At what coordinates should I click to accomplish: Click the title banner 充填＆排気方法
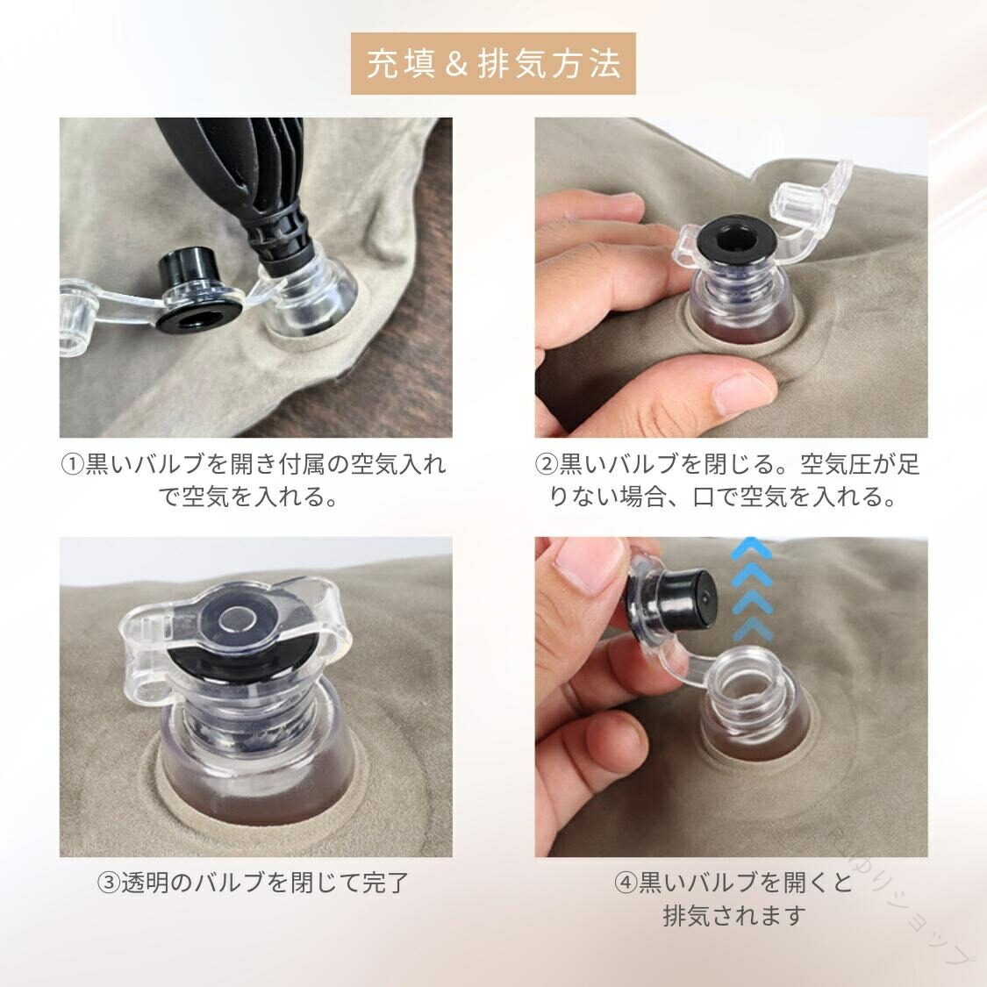click(x=493, y=63)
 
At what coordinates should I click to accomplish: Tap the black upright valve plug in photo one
click(x=187, y=267)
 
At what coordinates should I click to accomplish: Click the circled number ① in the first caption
click(x=72, y=465)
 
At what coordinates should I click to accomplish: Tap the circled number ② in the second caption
click(x=547, y=465)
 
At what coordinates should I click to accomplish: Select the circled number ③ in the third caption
click(x=109, y=883)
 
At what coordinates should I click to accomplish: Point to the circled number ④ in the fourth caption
click(x=626, y=883)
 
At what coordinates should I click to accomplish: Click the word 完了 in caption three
click(x=387, y=883)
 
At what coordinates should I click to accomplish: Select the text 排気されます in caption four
click(x=734, y=916)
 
